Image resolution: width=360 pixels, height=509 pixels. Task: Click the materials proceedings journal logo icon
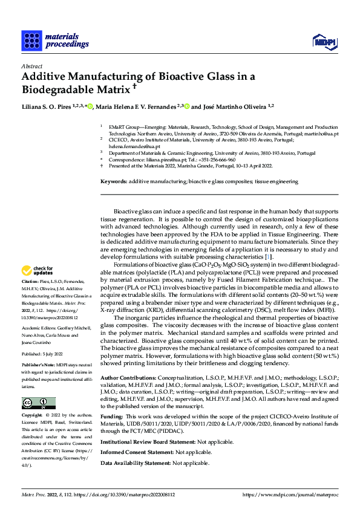point(31,41)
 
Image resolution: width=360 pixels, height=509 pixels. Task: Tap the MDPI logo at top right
point(323,41)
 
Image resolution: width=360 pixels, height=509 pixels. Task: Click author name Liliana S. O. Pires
point(48,107)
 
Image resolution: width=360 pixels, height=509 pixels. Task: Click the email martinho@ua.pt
point(321,134)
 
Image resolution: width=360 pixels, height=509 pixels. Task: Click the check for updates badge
point(38,270)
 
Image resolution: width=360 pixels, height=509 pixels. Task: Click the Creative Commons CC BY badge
point(38,403)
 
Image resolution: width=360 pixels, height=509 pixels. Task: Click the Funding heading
point(111,416)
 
